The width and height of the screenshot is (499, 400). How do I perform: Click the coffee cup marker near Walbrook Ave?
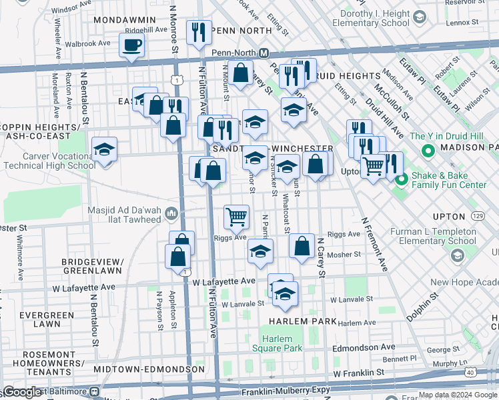pyautogui.click(x=131, y=46)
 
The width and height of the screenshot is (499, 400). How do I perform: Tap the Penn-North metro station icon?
pyautogui.click(x=264, y=53)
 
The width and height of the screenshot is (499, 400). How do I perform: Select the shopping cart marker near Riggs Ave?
pyautogui.click(x=236, y=216)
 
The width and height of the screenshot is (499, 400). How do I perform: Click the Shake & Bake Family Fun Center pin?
pyautogui.click(x=402, y=179)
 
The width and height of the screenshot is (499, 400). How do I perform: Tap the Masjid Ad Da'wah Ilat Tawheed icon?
pyautogui.click(x=172, y=214)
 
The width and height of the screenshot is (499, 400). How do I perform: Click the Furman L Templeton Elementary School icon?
pyautogui.click(x=458, y=256)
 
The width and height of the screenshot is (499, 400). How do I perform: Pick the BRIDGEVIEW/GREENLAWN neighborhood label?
pyautogui.click(x=92, y=266)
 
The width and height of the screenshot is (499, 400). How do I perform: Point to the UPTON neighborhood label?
pyautogui.click(x=448, y=217)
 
